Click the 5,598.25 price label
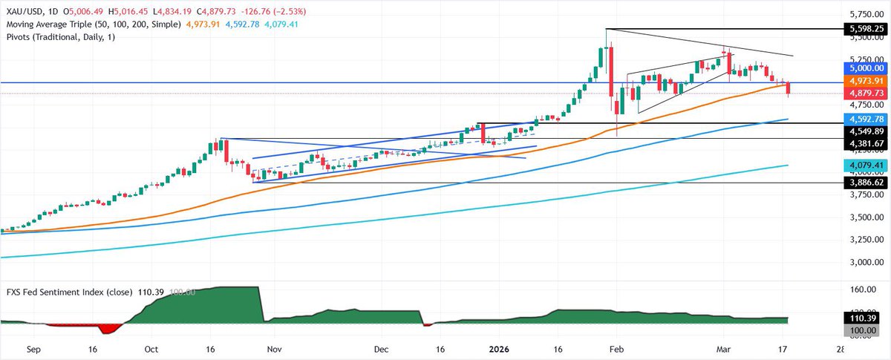[864, 29]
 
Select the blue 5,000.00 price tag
[864, 68]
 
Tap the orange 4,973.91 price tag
[864, 80]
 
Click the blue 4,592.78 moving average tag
[864, 119]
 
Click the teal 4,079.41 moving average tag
[864, 165]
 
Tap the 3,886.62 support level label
[864, 182]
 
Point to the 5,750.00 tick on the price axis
[864, 15]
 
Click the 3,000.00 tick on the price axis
[864, 262]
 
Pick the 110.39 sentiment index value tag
[864, 318]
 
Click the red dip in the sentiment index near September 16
[109, 327]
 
